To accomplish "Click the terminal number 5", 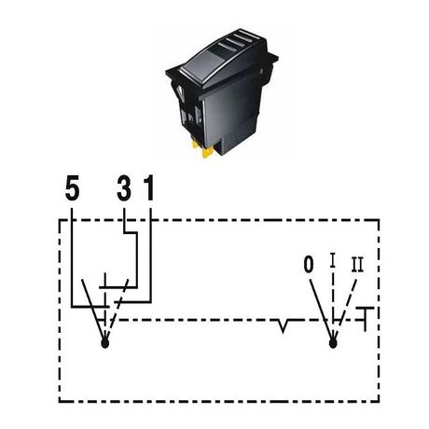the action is pyautogui.click(x=72, y=187).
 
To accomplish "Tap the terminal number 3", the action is pyautogui.click(x=124, y=187).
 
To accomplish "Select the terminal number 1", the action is pyautogui.click(x=149, y=187).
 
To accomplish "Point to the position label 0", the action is pyautogui.click(x=309, y=265).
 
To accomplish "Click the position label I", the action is pyautogui.click(x=333, y=260).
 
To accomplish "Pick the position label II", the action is pyautogui.click(x=357, y=265).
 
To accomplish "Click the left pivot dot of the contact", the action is pyautogui.click(x=105, y=343).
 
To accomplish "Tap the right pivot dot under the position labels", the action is pyautogui.click(x=333, y=343).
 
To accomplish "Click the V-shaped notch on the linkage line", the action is pyautogui.click(x=283, y=325).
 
